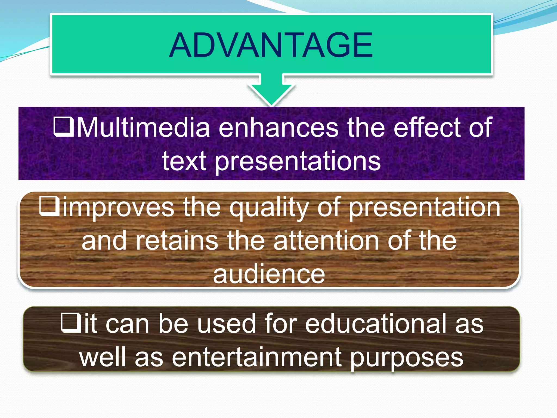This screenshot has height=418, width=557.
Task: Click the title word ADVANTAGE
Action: click(271, 45)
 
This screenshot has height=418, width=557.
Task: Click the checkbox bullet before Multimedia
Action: click(64, 127)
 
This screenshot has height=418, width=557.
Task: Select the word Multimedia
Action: click(143, 127)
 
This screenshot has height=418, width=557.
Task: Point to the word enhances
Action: click(278, 127)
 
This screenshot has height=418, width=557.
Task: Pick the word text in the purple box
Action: click(184, 161)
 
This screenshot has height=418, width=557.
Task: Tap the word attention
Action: click(326, 241)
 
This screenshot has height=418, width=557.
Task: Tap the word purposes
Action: click(406, 358)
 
